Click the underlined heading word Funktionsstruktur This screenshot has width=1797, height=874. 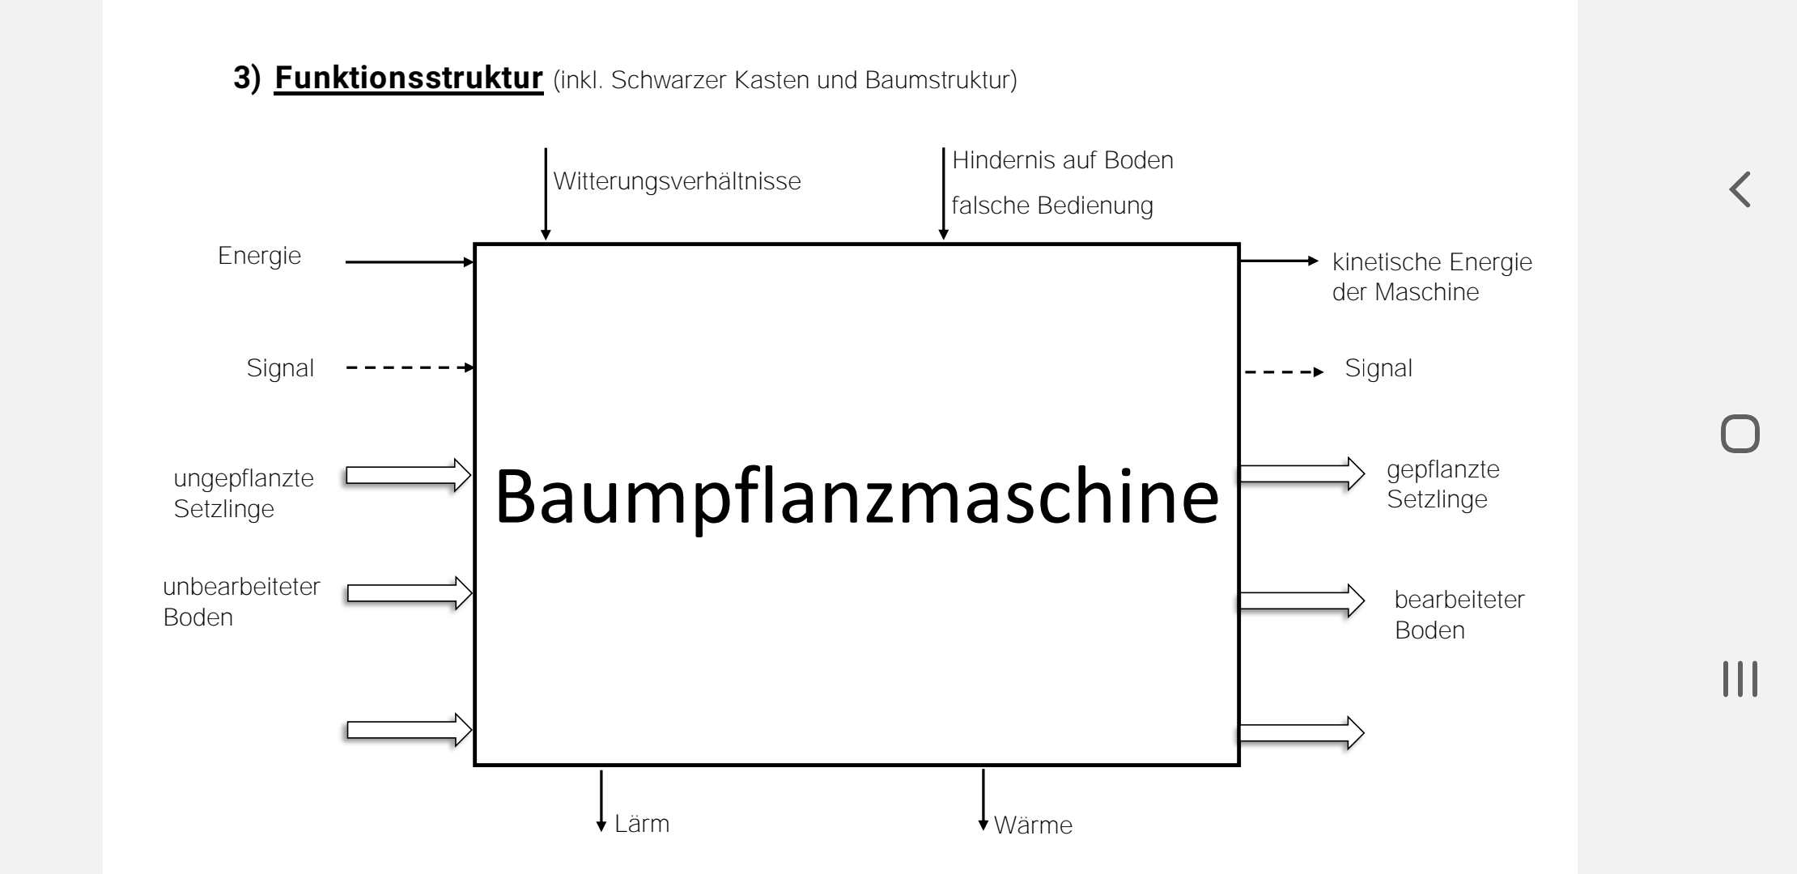408,78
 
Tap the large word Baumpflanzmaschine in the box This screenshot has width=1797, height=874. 856,497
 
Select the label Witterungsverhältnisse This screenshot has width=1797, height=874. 677,181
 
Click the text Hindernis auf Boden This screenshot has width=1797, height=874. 1062,160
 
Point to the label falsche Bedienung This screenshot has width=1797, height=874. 1051,206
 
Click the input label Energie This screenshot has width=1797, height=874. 259,256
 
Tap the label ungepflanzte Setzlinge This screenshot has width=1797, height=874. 243,493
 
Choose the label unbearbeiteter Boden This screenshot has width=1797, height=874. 241,601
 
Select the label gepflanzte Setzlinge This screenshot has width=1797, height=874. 1442,484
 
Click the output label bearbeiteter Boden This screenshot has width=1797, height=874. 1459,614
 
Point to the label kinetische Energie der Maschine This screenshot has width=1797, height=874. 1431,277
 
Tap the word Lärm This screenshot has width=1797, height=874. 642,824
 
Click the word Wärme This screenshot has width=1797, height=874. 1032,825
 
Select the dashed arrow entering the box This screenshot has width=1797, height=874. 410,367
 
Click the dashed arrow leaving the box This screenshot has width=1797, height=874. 1284,372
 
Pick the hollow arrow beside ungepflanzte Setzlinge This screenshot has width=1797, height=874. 409,475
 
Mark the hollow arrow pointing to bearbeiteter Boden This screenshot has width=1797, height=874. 1301,601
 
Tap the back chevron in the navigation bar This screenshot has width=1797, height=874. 1740,189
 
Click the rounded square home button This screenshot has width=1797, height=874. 1740,434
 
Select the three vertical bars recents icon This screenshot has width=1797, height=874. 1740,678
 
